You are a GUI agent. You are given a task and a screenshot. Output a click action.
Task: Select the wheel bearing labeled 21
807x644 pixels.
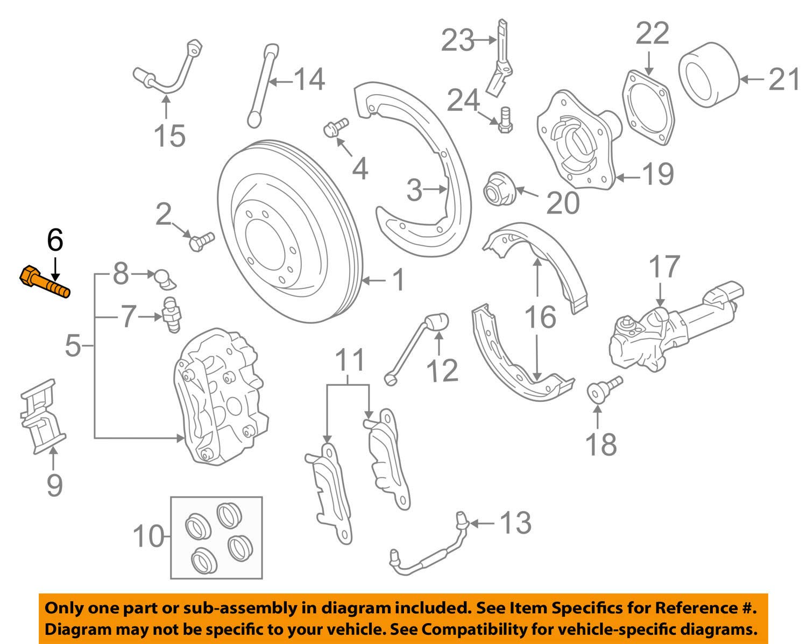(x=709, y=75)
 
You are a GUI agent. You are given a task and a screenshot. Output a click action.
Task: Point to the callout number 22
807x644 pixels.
(x=653, y=33)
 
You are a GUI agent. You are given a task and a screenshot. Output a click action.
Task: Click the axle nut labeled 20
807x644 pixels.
(x=500, y=189)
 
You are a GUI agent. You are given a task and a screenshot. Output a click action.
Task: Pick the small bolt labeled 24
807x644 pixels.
(x=505, y=120)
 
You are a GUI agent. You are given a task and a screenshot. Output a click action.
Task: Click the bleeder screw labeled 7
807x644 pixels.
(x=172, y=315)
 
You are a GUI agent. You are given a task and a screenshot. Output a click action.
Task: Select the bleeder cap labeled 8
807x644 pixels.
(x=165, y=279)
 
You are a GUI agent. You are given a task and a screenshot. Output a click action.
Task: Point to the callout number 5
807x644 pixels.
(x=73, y=345)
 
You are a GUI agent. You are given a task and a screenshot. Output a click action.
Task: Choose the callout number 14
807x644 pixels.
(x=309, y=79)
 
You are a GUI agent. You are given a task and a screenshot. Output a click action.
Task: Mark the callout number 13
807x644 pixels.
(x=516, y=523)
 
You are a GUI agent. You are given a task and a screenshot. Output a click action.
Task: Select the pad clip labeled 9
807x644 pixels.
(x=43, y=417)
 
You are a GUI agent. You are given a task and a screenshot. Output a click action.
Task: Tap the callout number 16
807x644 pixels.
(x=540, y=317)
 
